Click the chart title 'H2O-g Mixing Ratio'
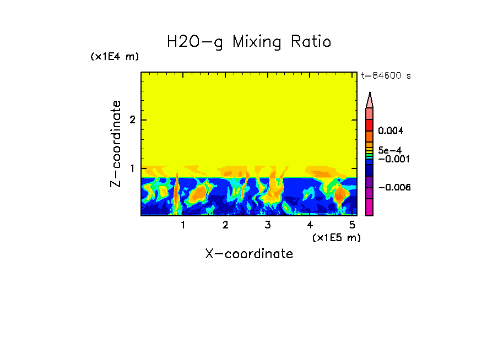tap(249, 42)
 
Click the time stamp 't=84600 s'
tap(385, 76)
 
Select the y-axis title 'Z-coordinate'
tap(116, 144)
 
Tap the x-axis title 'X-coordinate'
tap(249, 254)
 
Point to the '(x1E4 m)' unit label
tap(115, 57)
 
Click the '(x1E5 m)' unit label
tap(336, 237)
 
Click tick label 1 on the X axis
tap(183, 225)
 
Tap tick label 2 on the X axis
tap(225, 225)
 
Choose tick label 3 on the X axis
tap(267, 225)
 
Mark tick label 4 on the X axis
tap(310, 225)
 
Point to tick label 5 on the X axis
tap(351, 225)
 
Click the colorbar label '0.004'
tap(391, 131)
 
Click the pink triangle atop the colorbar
tap(370, 100)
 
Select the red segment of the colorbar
tap(370, 124)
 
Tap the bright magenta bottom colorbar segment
tap(370, 207)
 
